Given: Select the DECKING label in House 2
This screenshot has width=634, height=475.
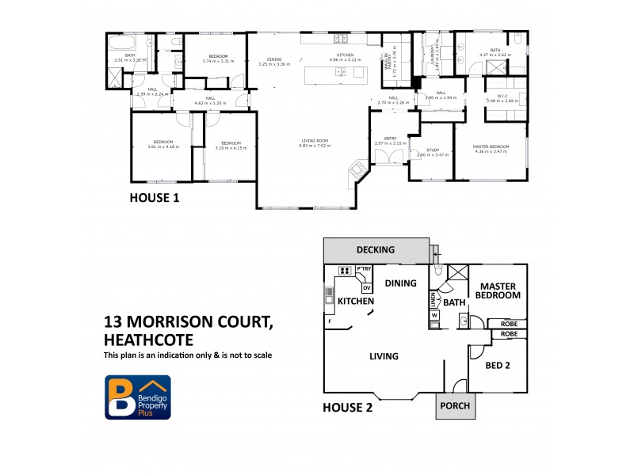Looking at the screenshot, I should [x=375, y=250].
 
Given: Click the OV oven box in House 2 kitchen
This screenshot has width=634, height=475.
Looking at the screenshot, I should [x=366, y=287].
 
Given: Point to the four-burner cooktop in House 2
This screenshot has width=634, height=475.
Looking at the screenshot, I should [x=345, y=271].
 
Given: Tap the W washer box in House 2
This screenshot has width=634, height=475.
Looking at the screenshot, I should [x=434, y=316].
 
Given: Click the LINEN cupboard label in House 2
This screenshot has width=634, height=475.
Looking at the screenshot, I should [x=433, y=298].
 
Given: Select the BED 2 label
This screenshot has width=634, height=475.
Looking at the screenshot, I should [x=497, y=366].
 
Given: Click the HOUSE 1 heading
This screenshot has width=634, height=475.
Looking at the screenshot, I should [x=154, y=199].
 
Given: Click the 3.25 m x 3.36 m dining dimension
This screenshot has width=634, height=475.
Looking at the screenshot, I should [x=273, y=64].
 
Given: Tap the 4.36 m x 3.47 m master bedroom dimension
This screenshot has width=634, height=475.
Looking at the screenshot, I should [x=490, y=151].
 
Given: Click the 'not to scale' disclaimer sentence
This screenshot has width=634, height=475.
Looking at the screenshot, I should [x=188, y=355].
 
